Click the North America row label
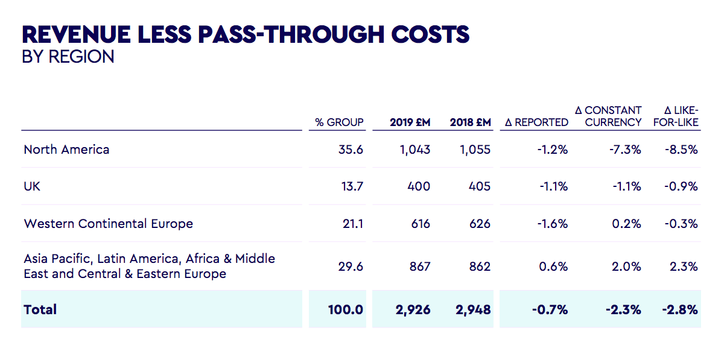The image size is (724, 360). [66, 150]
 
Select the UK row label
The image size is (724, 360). [32, 186]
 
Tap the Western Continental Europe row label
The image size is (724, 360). [109, 224]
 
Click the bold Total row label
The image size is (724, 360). [40, 310]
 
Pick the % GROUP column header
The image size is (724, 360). [339, 122]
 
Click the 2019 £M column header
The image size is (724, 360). [410, 122]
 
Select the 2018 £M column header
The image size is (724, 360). [470, 122]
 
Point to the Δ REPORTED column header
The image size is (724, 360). [536, 122]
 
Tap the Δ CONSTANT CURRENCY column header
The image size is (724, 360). [608, 116]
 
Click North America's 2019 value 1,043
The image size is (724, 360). [414, 150]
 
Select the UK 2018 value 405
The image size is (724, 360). [479, 186]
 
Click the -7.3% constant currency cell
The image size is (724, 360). [625, 150]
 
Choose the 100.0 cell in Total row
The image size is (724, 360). [346, 310]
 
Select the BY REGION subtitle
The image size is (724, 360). [68, 57]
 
